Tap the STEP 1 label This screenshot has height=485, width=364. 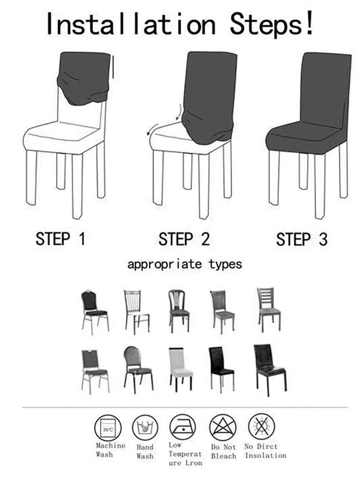click(60, 239)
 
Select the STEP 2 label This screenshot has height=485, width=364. click(184, 239)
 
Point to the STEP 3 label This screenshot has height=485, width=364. click(302, 239)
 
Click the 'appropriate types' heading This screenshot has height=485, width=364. click(184, 265)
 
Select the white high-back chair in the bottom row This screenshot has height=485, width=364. click(180, 368)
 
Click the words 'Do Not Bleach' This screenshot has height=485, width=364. click(223, 451)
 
